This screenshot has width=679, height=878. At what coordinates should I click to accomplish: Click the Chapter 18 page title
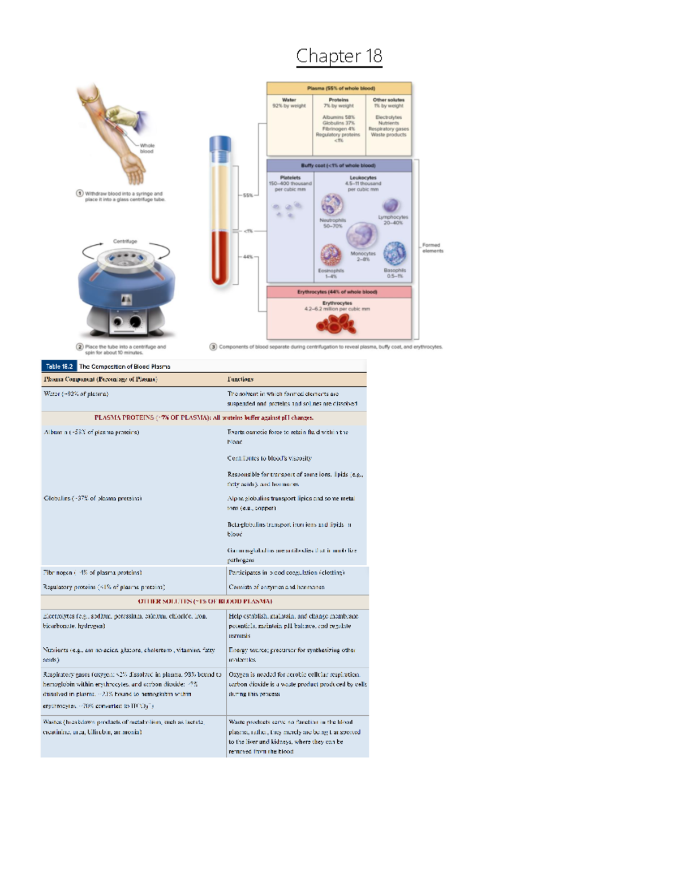(339, 56)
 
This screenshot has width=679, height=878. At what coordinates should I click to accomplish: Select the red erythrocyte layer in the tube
(220, 257)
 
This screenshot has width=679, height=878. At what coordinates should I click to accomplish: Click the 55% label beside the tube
(248, 195)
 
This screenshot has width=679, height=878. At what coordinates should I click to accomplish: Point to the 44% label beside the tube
(248, 257)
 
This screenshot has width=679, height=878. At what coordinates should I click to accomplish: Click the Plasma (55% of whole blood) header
(339, 88)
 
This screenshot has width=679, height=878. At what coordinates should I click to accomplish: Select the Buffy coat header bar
(338, 166)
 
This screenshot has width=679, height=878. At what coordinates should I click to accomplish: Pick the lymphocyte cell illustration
(390, 205)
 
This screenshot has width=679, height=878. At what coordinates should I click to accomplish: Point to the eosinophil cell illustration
(330, 255)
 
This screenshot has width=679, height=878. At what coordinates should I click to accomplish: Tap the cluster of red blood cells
(337, 324)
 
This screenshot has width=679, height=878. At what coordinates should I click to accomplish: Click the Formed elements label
(432, 248)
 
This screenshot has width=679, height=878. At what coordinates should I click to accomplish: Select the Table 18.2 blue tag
(59, 366)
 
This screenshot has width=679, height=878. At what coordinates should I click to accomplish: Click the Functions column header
(240, 379)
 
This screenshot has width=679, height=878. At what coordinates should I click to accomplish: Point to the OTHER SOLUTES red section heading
(205, 602)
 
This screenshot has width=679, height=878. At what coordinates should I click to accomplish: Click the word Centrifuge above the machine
(125, 241)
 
